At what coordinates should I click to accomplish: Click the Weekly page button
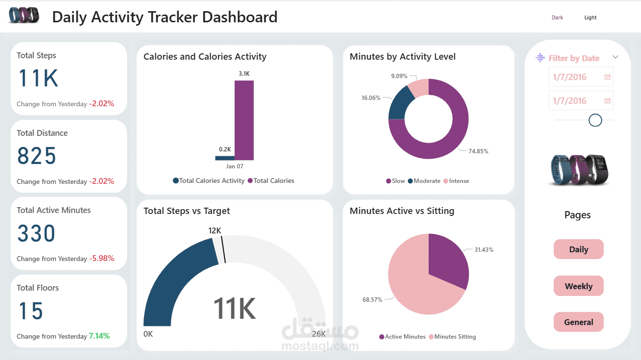[578, 286]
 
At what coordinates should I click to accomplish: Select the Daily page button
[578, 249]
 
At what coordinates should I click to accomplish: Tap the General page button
[578, 322]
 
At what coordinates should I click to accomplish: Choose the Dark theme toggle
[557, 17]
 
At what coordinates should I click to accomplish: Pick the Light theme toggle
[590, 17]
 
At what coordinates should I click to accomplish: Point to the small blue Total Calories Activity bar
[224, 158]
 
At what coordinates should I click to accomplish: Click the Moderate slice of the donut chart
[401, 103]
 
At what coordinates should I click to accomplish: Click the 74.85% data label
[478, 151]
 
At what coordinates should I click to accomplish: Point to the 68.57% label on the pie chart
[372, 300]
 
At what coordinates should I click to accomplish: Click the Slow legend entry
[395, 181]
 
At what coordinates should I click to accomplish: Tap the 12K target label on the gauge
[215, 230]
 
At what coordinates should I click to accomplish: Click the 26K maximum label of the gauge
[319, 334]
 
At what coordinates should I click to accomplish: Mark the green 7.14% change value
[99, 336]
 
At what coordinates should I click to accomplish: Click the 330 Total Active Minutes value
[36, 234]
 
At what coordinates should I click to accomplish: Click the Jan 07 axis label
[235, 166]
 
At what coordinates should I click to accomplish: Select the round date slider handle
[595, 120]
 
